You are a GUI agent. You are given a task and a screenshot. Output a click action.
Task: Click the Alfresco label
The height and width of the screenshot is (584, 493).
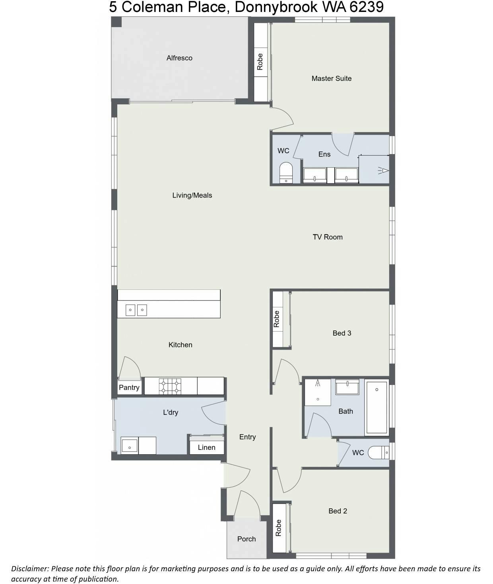[179, 58]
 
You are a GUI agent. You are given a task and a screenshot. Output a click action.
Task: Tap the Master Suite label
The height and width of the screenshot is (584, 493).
[331, 78]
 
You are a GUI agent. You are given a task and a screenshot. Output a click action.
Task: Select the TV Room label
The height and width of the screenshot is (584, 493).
[327, 237]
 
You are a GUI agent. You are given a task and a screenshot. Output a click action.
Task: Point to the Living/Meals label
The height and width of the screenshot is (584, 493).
[192, 195]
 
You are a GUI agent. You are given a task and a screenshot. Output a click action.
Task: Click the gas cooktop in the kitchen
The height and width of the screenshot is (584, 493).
[170, 386]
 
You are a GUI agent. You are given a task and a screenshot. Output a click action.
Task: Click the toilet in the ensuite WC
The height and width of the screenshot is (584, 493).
[285, 173]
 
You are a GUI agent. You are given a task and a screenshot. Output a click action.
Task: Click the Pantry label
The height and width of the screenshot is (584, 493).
[129, 387]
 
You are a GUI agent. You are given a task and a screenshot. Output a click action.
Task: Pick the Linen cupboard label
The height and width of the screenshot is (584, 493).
[206, 447]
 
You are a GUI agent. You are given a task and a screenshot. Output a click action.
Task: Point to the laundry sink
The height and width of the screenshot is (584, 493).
[129, 446]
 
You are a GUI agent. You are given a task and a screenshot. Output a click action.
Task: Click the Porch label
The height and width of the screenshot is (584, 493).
[246, 539]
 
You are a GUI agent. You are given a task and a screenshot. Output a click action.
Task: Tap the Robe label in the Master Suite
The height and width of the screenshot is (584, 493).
[260, 62]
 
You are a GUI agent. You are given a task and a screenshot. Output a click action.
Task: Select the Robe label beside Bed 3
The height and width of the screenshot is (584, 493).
[276, 319]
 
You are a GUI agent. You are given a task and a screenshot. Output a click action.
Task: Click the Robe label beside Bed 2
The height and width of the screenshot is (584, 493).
[278, 528]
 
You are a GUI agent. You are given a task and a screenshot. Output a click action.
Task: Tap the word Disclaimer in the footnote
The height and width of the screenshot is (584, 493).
[29, 568]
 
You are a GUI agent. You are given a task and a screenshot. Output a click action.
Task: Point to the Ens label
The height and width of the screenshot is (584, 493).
[324, 154]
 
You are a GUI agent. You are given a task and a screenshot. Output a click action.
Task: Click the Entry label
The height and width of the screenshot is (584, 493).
[247, 437]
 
